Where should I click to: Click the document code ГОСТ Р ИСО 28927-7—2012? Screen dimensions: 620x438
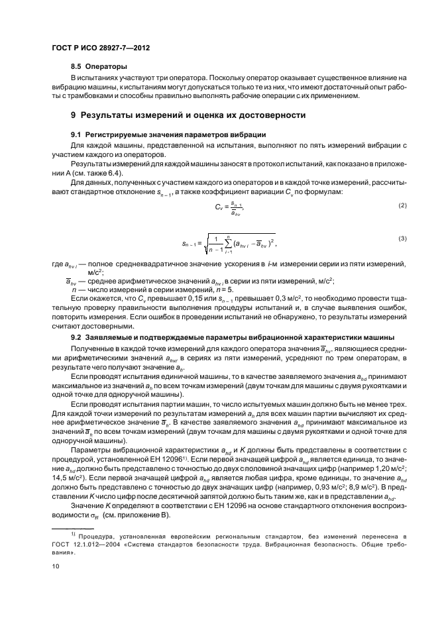[x=97, y=48]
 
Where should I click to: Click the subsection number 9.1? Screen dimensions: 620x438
[x=76, y=134]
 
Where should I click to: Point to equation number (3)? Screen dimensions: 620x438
[x=401, y=238]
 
